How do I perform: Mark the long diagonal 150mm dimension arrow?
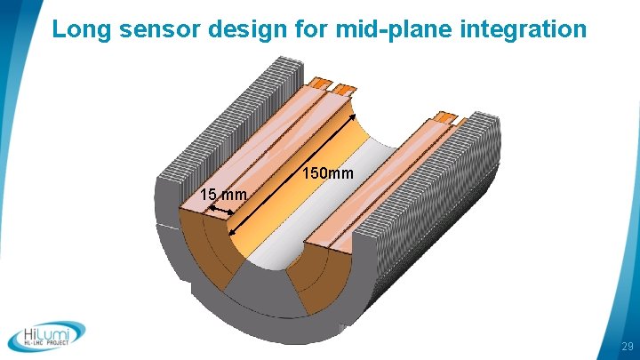[293, 173]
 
